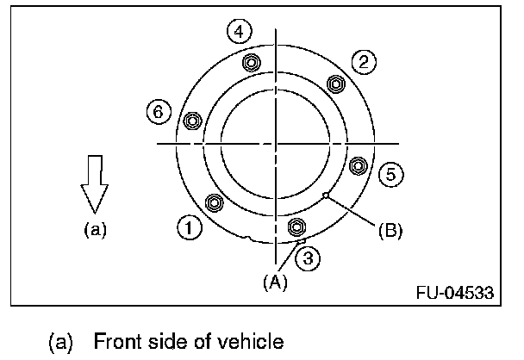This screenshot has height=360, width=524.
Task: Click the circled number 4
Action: (240, 33)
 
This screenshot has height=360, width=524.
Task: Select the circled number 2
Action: (364, 60)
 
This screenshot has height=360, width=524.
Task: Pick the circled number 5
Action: (390, 175)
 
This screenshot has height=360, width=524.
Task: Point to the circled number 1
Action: (188, 228)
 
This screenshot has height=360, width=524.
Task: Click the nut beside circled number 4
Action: (252, 63)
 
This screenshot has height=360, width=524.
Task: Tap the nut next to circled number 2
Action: (335, 84)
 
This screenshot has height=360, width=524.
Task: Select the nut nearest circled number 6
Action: (193, 120)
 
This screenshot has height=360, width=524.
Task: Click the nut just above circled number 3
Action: (296, 227)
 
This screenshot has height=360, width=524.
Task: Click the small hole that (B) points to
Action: (324, 196)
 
